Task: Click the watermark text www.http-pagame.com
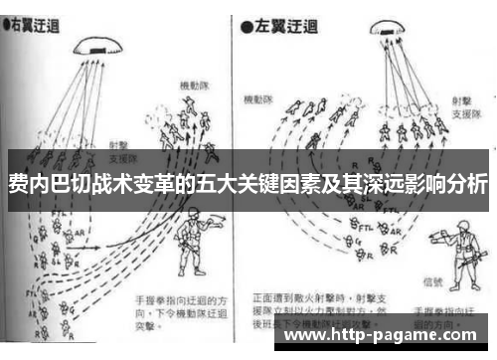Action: pyautogui.click(x=383, y=335)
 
